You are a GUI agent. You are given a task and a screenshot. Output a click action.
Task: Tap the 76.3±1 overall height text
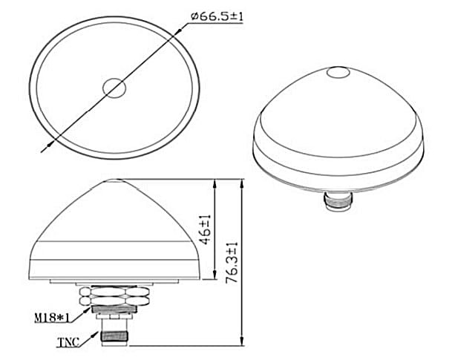coord(232,263)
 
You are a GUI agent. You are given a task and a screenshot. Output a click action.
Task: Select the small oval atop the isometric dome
coord(338,72)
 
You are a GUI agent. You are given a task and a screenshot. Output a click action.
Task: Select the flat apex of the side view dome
coord(115,180)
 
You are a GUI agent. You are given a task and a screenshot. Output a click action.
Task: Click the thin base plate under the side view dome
coord(114,282)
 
